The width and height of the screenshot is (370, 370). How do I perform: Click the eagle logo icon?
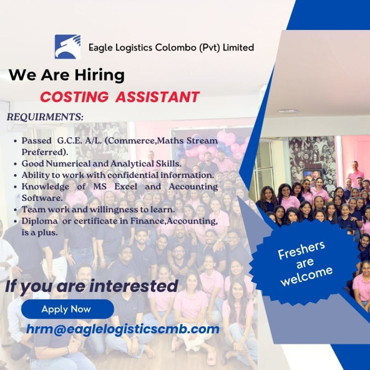click(x=67, y=47)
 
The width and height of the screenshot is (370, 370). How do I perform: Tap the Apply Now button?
click(x=67, y=309)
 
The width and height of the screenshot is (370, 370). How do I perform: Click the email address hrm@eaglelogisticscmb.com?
click(x=123, y=329)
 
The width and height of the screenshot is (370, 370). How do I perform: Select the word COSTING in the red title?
click(x=74, y=97)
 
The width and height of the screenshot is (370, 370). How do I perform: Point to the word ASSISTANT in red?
click(x=157, y=97)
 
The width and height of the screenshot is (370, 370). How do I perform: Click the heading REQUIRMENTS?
click(x=45, y=117)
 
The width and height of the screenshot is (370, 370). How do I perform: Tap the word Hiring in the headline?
click(x=100, y=75)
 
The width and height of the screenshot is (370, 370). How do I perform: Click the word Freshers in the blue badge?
click(x=301, y=250)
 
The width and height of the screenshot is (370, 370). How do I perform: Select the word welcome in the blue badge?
click(x=307, y=276)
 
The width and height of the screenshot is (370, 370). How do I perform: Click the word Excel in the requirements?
click(x=126, y=187)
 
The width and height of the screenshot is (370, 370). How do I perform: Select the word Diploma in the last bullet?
click(x=40, y=222)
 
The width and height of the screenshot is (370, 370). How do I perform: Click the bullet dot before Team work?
click(x=16, y=210)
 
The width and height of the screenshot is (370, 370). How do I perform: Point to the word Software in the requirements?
click(x=42, y=198)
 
